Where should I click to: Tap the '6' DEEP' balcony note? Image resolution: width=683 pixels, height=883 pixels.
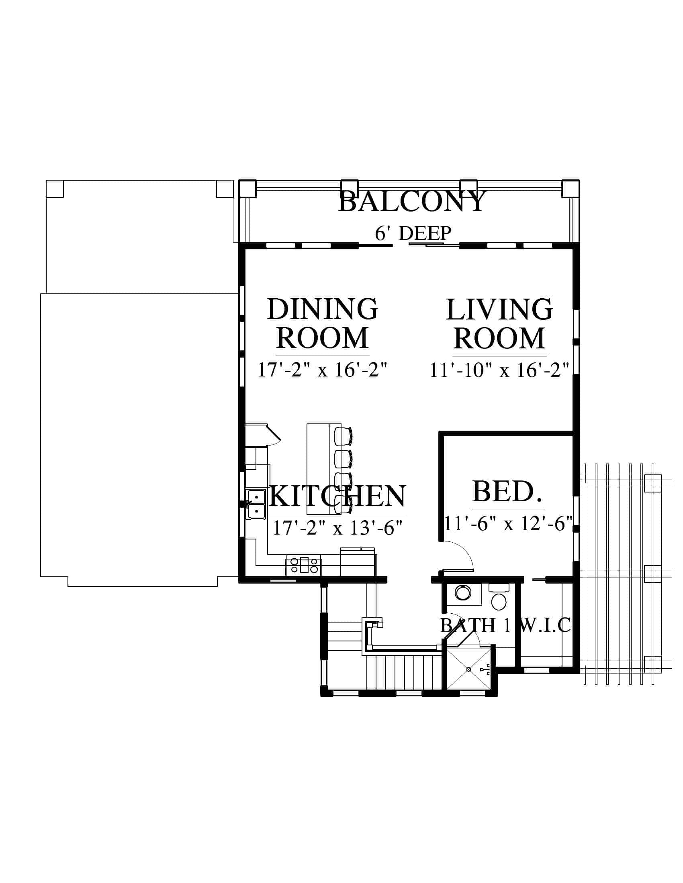point(413,233)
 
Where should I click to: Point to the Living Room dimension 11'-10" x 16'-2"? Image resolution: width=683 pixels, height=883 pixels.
point(499,370)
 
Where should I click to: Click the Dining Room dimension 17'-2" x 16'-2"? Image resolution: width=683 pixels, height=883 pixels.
point(323,370)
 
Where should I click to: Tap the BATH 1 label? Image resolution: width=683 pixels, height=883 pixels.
point(475,625)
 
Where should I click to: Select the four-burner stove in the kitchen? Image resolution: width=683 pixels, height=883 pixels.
point(304,565)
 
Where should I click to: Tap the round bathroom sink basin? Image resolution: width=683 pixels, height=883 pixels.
point(463,593)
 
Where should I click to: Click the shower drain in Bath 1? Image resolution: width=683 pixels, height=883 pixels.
point(469,669)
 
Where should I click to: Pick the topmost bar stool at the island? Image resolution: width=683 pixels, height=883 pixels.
point(343,436)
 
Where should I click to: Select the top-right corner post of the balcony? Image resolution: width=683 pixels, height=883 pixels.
point(571,188)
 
